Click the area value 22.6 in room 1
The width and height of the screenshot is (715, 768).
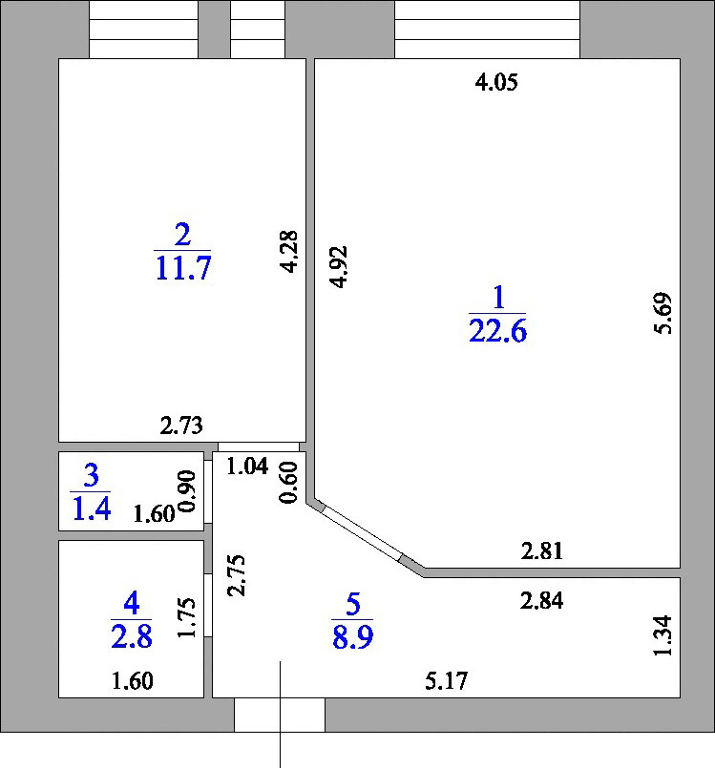click(498, 331)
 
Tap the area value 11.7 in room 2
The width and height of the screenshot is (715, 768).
click(182, 268)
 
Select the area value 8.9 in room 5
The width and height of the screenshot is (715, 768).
click(353, 637)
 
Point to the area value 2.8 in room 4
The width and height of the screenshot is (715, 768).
click(132, 636)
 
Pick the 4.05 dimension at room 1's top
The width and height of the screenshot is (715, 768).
click(496, 82)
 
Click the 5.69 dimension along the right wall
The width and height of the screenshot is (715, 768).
click(663, 313)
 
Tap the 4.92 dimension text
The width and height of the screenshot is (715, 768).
click(339, 267)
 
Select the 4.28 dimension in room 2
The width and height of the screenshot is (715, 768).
click(288, 251)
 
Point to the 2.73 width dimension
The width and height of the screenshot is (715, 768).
click(181, 426)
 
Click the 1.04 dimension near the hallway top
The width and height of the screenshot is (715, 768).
click(247, 466)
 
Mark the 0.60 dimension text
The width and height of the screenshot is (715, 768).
click(288, 483)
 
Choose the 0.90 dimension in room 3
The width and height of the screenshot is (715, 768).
click(187, 490)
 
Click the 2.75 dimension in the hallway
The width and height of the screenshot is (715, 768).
click(236, 575)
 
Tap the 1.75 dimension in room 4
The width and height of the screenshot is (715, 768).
click(187, 617)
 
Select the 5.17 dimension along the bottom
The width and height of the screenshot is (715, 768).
click(447, 681)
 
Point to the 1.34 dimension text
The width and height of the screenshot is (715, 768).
click(662, 635)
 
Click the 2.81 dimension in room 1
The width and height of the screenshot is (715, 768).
click(542, 551)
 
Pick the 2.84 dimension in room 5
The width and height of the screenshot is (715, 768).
click(541, 600)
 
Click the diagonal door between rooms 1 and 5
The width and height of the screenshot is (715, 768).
click(362, 532)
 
